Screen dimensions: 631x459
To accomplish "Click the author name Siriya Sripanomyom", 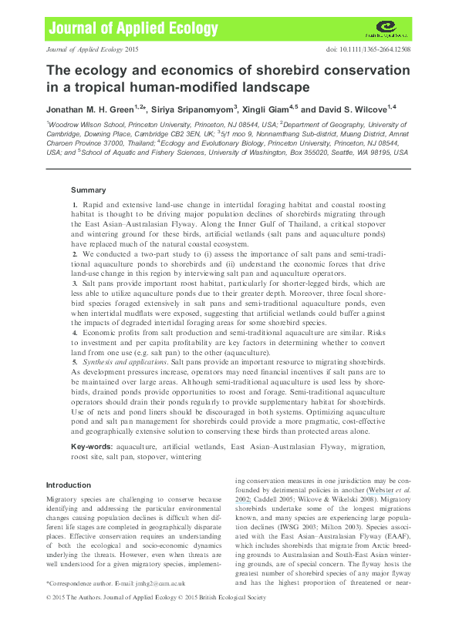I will tap(198, 109).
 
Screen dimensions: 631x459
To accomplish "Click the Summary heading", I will tap(88, 190).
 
